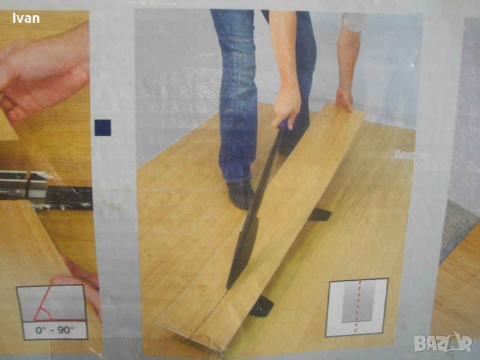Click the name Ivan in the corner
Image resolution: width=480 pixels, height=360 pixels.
point(26,18)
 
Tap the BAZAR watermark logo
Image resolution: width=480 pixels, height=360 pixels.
point(443,343)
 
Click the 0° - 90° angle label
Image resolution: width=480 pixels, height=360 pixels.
point(55,331)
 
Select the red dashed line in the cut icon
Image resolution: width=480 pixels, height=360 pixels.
point(358,305)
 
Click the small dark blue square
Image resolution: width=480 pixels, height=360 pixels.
point(103,128)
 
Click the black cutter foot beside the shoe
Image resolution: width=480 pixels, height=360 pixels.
point(320,214)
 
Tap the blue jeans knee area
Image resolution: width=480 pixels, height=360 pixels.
point(238,61)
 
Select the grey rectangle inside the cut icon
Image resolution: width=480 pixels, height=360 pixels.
point(358,302)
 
